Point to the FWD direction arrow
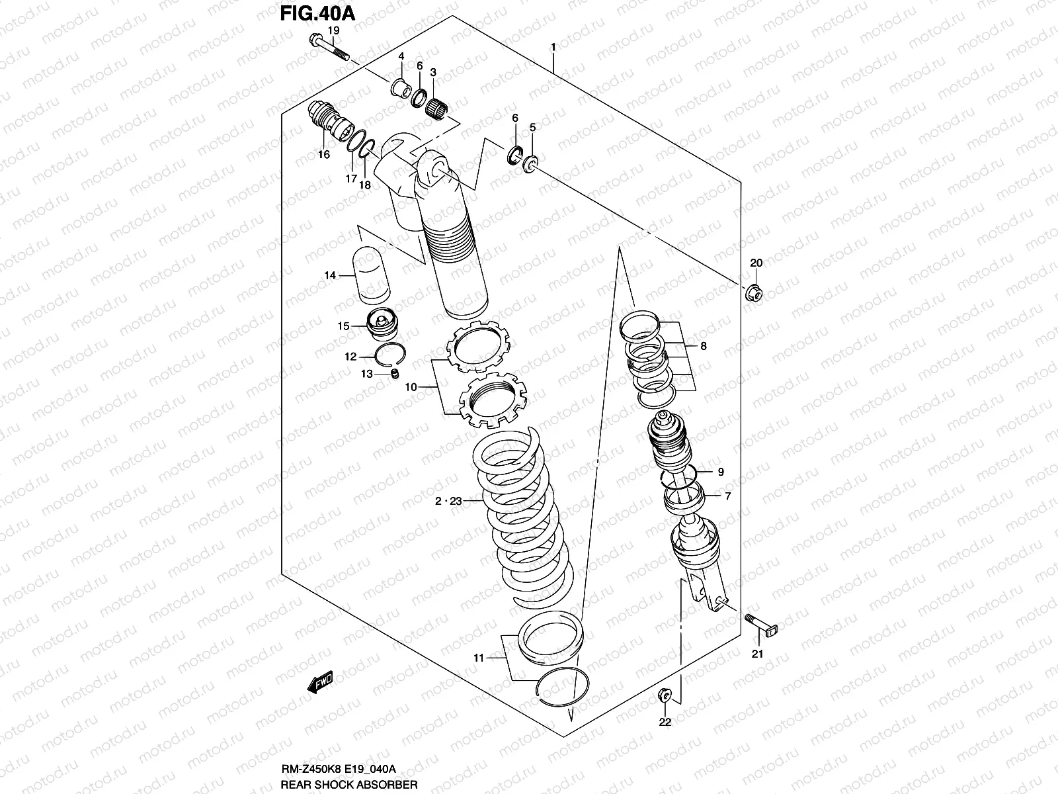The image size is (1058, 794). pos(319,683)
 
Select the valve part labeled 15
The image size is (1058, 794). pos(381,325)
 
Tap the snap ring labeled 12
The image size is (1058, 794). pos(389,357)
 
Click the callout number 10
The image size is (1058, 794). pos(411,386)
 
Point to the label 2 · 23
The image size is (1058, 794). pos(448,502)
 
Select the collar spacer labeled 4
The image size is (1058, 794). pos(401,88)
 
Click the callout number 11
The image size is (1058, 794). pos(479,658)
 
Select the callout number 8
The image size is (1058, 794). pos(703,345)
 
